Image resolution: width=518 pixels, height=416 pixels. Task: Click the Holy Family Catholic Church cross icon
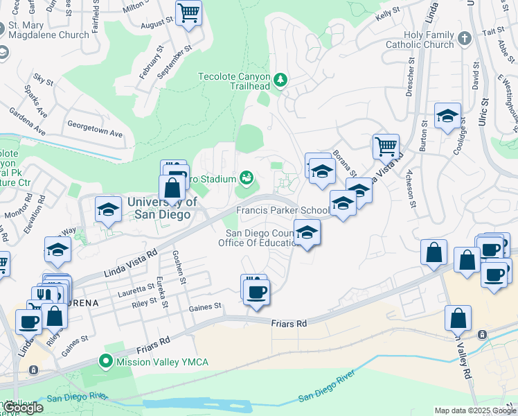click(x=464, y=38)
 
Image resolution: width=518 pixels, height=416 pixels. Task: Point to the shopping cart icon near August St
click(x=188, y=13)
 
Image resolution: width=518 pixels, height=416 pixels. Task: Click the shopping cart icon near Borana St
click(x=386, y=146)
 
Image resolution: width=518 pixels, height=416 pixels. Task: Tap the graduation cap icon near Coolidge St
click(x=447, y=116)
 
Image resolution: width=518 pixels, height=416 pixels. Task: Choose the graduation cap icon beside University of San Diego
click(x=108, y=211)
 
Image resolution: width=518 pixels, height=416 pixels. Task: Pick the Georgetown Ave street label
click(x=94, y=130)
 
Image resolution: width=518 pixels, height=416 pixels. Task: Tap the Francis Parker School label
click(x=283, y=210)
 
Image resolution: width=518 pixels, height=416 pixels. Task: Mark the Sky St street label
click(x=43, y=81)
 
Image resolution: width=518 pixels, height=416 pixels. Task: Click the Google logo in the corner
click(x=22, y=408)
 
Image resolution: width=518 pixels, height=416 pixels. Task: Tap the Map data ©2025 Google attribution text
click(x=475, y=410)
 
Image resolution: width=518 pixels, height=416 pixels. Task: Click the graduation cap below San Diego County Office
click(x=306, y=233)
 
